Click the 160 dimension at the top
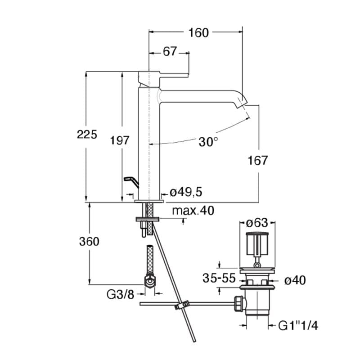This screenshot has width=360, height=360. point(198,32)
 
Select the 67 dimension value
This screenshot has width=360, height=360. point(170,52)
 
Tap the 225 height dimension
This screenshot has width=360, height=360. point(87,134)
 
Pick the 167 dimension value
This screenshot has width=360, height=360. point(258,160)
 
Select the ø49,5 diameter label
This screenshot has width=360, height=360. point(186,193)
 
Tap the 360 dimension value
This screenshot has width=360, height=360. point(89,241)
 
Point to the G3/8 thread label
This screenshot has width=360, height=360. point(120,295)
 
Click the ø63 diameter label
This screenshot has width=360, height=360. point(258,223)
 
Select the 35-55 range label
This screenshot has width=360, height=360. point(219,279)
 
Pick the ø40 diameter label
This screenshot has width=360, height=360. point(295,280)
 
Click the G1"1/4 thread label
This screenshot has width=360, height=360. point(298,325)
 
